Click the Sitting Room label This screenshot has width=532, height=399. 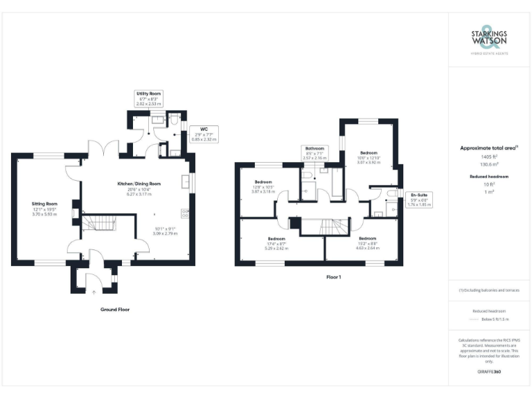tap(44, 204)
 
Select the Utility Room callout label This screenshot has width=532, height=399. tap(149, 93)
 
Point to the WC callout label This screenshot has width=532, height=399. tap(204, 129)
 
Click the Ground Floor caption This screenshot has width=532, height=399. tap(114, 310)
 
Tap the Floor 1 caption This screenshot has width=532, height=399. tap(334, 277)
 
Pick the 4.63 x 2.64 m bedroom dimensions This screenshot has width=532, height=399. tap(369, 246)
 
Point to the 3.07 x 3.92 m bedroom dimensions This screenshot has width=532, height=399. tap(368, 162)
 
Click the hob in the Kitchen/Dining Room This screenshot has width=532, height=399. tap(184, 213)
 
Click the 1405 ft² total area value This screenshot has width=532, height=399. tap(489, 158)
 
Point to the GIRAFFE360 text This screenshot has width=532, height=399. tap(489, 372)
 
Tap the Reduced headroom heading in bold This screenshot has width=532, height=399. tap(489, 177)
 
